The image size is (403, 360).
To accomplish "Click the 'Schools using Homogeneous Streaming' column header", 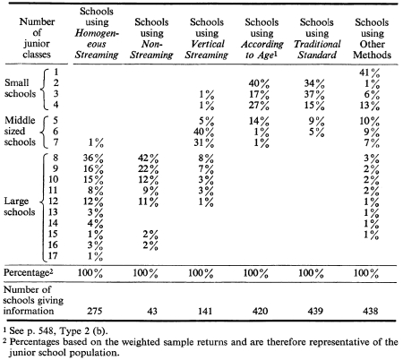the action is click(x=97, y=33).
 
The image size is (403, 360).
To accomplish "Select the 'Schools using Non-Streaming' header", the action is click(x=151, y=39).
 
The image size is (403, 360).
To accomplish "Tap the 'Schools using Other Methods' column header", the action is click(x=372, y=39).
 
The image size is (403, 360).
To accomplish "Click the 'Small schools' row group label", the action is click(x=20, y=88).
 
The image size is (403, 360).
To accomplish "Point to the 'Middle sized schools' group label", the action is click(x=20, y=131).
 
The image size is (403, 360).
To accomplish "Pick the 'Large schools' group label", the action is click(x=19, y=207).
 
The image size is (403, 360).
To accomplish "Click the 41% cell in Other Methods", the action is click(x=370, y=73).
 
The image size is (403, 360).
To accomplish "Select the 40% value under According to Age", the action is click(x=259, y=83).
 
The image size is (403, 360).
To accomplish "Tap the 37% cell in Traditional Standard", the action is click(x=314, y=95).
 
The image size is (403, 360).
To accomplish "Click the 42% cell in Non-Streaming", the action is click(x=149, y=159).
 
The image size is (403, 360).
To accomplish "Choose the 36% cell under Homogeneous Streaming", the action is click(x=93, y=159).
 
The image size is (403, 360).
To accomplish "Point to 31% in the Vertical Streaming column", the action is click(x=204, y=143).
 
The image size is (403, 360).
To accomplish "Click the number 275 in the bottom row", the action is click(x=95, y=311).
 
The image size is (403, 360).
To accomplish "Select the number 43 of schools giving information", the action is click(x=152, y=311).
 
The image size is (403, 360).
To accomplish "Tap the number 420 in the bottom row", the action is click(x=260, y=311).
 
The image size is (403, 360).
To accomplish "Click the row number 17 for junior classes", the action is click(x=53, y=256).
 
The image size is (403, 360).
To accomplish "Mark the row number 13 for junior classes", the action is click(x=53, y=212).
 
